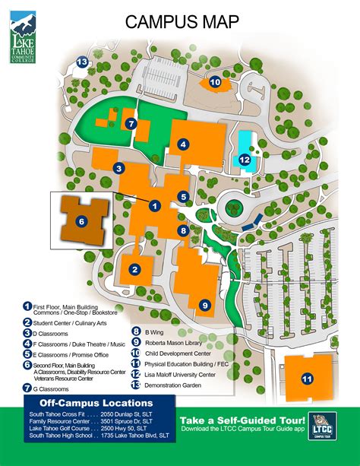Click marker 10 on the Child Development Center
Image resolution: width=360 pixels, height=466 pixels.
click(x=215, y=81)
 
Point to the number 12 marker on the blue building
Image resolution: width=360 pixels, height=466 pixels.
click(x=245, y=160)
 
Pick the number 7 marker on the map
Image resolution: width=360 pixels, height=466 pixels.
click(x=131, y=123)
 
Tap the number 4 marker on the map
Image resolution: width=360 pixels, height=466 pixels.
click(x=183, y=143)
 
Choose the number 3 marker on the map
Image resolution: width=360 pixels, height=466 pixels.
click(x=118, y=168)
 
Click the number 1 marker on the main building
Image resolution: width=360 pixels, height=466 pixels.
click(x=154, y=205)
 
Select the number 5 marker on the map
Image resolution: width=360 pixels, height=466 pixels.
click(x=183, y=196)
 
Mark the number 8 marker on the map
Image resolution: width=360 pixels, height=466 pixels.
click(x=183, y=230)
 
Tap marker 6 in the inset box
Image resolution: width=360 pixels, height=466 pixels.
click(x=81, y=221)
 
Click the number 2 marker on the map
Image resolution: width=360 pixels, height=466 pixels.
click(x=134, y=268)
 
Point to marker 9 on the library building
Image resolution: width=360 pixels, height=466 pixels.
click(x=204, y=305)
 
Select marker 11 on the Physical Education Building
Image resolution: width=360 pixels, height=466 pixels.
click(x=308, y=378)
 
